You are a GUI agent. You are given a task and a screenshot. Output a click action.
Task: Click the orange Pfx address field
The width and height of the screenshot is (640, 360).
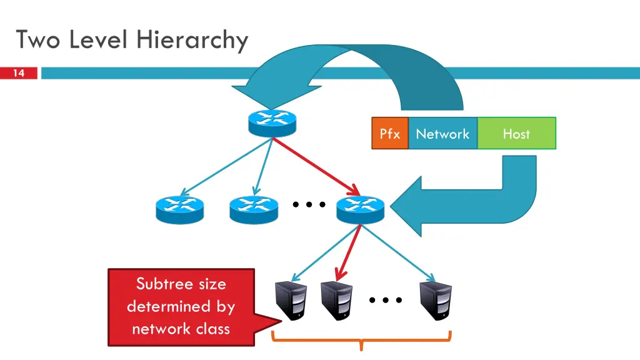click(390, 133)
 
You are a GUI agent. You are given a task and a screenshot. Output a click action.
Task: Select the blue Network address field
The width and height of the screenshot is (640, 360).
click(442, 133)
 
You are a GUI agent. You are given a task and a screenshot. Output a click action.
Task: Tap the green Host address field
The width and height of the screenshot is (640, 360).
click(516, 133)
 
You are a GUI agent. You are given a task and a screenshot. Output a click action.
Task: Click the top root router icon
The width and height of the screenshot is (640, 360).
click(272, 122)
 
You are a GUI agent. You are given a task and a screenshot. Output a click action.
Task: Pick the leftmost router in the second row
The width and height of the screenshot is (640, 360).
click(179, 209)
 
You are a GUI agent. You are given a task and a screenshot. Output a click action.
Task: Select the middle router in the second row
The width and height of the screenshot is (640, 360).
click(253, 209)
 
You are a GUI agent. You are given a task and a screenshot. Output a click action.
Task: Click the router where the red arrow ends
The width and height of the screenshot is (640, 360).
click(360, 209)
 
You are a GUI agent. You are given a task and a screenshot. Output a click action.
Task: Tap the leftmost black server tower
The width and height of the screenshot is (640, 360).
click(291, 301)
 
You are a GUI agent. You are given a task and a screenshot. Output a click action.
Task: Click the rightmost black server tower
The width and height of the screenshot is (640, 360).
click(436, 301)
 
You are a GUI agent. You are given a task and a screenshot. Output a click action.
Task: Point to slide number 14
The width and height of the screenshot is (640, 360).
click(19, 74)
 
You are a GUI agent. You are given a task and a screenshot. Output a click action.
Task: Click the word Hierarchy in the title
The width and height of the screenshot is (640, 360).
click(191, 40)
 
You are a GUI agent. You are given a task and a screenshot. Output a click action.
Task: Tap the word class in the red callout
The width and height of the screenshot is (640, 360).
click(212, 328)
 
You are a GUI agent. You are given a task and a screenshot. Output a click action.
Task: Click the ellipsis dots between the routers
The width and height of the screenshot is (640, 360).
click(309, 204)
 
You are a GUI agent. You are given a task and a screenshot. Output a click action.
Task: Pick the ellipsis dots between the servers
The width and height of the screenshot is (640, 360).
click(385, 301)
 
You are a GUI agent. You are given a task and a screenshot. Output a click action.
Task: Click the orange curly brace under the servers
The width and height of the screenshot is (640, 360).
click(361, 341)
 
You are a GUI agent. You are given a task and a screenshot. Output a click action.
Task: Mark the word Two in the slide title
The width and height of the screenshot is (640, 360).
click(39, 40)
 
